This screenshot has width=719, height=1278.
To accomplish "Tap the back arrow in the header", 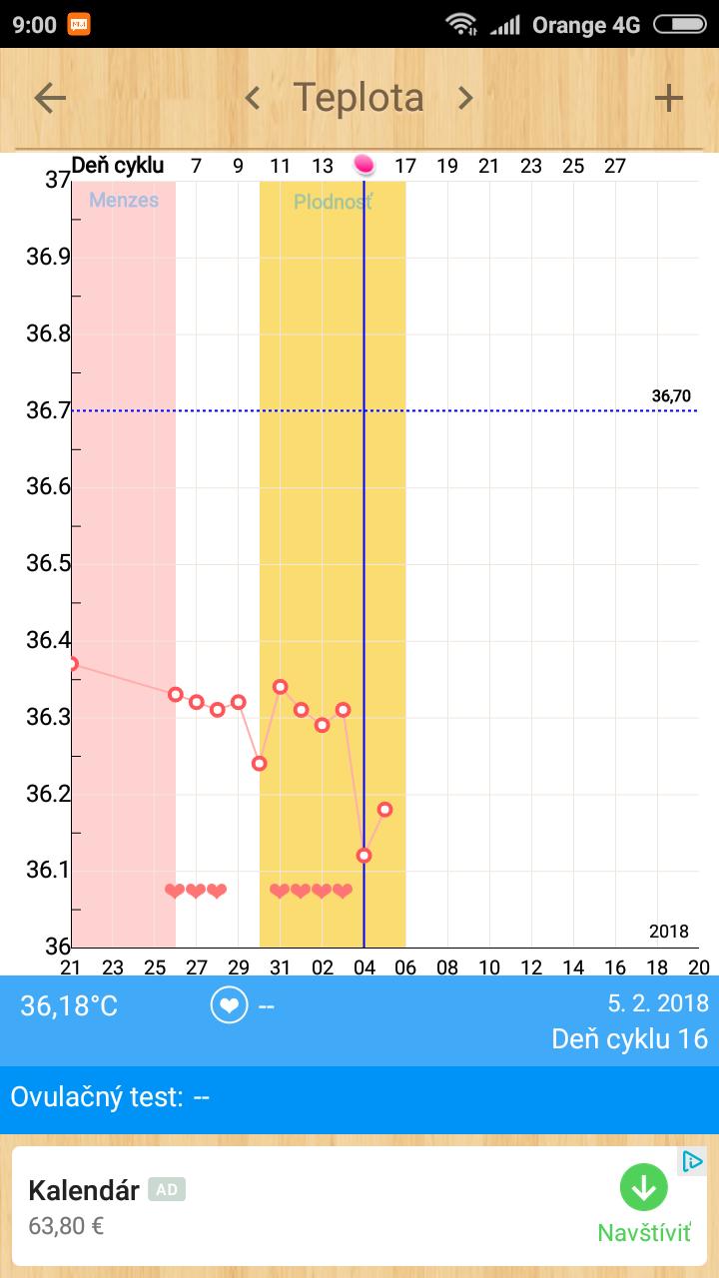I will (x=50, y=98).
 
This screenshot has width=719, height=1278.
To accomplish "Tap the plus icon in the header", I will (x=668, y=98).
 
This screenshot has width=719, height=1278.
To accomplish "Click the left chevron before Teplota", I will (x=253, y=98).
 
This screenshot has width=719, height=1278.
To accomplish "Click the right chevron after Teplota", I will (x=464, y=98).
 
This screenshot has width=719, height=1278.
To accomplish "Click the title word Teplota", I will (x=359, y=98).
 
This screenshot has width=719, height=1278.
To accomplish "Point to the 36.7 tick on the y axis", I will (x=48, y=410).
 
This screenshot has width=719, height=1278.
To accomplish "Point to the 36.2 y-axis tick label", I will (x=48, y=794).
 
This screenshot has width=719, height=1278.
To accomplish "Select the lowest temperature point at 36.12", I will (x=363, y=855).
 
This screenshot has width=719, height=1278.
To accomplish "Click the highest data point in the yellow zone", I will (x=281, y=687).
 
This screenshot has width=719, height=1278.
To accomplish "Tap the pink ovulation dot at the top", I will (x=363, y=165).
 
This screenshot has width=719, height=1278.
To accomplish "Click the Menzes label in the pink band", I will (x=124, y=200).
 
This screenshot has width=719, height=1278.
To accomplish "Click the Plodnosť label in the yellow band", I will (x=333, y=203).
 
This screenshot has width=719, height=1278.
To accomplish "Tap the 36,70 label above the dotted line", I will (x=671, y=396).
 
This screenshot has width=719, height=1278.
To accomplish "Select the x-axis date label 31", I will (x=281, y=966).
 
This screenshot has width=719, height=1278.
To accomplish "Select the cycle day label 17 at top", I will (x=405, y=166).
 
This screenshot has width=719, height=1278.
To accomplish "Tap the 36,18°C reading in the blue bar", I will (x=69, y=1006).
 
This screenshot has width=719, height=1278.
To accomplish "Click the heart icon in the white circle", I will (x=229, y=1005).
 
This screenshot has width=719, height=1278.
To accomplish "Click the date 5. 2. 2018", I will (x=658, y=1003).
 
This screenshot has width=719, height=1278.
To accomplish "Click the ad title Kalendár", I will (x=84, y=1190).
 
